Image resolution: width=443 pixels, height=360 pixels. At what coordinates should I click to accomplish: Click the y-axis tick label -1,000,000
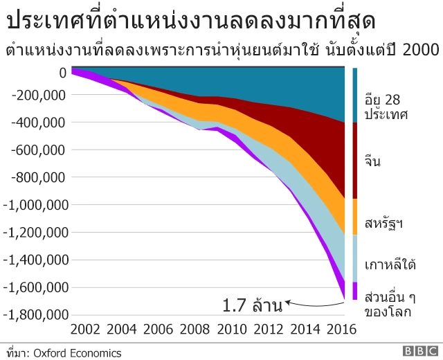tap(35, 205)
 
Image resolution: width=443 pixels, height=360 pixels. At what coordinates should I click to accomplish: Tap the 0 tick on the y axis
tap(63, 72)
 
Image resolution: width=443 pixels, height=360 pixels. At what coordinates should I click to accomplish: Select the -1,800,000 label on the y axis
tap(35, 315)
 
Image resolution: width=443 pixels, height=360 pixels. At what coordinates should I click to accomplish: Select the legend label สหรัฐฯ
tap(383, 223)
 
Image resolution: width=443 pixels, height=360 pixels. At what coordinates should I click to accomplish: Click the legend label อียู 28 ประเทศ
tap(386, 105)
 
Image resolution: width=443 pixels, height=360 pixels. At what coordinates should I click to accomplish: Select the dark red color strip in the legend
tap(355, 161)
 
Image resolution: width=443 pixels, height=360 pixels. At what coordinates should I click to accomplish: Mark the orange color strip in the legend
tap(355, 216)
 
